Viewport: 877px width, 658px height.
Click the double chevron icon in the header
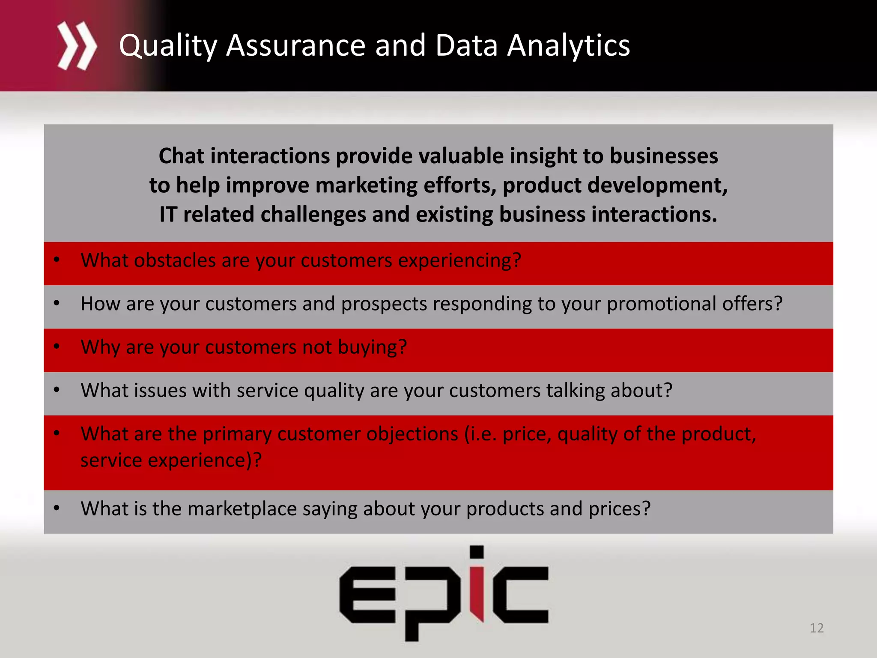pyautogui.click(x=77, y=46)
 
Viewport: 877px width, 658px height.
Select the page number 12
pyautogui.click(x=817, y=628)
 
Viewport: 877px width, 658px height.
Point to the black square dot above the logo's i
pyautogui.click(x=477, y=552)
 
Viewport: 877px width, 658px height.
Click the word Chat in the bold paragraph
pyautogui.click(x=181, y=156)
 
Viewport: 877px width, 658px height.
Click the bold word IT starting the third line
pyautogui.click(x=168, y=214)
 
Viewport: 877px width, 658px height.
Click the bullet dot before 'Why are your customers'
pyautogui.click(x=57, y=346)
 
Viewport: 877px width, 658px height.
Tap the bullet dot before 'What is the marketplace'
pyautogui.click(x=57, y=508)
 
